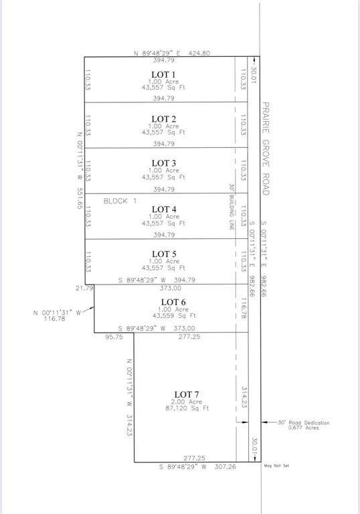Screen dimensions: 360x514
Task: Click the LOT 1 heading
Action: pyautogui.click(x=163, y=75)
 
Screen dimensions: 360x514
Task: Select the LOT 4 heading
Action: pyautogui.click(x=164, y=209)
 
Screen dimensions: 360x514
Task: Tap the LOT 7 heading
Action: pyautogui.click(x=187, y=395)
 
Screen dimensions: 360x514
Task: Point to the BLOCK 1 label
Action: pyautogui.click(x=120, y=201)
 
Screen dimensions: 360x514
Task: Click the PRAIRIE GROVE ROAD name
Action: pyautogui.click(x=266, y=149)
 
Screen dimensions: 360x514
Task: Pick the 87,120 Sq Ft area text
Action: pyautogui.click(x=187, y=408)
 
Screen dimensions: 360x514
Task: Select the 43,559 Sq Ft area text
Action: pyautogui.click(x=174, y=316)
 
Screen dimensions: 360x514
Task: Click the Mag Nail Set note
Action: pyautogui.click(x=276, y=466)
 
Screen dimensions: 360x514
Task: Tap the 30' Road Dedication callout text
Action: pyautogui.click(x=304, y=423)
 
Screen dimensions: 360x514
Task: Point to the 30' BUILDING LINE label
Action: pyautogui.click(x=232, y=207)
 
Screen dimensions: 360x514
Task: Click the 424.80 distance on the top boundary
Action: pyautogui.click(x=199, y=53)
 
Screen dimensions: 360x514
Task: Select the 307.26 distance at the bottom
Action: pyautogui.click(x=225, y=466)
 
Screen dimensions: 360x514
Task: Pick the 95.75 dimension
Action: pyautogui.click(x=114, y=337)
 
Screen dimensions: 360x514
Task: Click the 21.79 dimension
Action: pyautogui.click(x=84, y=288)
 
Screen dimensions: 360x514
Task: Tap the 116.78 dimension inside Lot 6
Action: pyautogui.click(x=244, y=308)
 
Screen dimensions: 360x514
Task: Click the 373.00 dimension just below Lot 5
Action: pyautogui.click(x=170, y=288)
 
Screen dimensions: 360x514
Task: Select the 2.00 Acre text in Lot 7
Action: pyautogui.click(x=187, y=402)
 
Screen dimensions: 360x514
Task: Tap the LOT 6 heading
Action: pyautogui.click(x=173, y=303)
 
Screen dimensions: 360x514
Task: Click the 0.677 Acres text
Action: pyautogui.click(x=303, y=428)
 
